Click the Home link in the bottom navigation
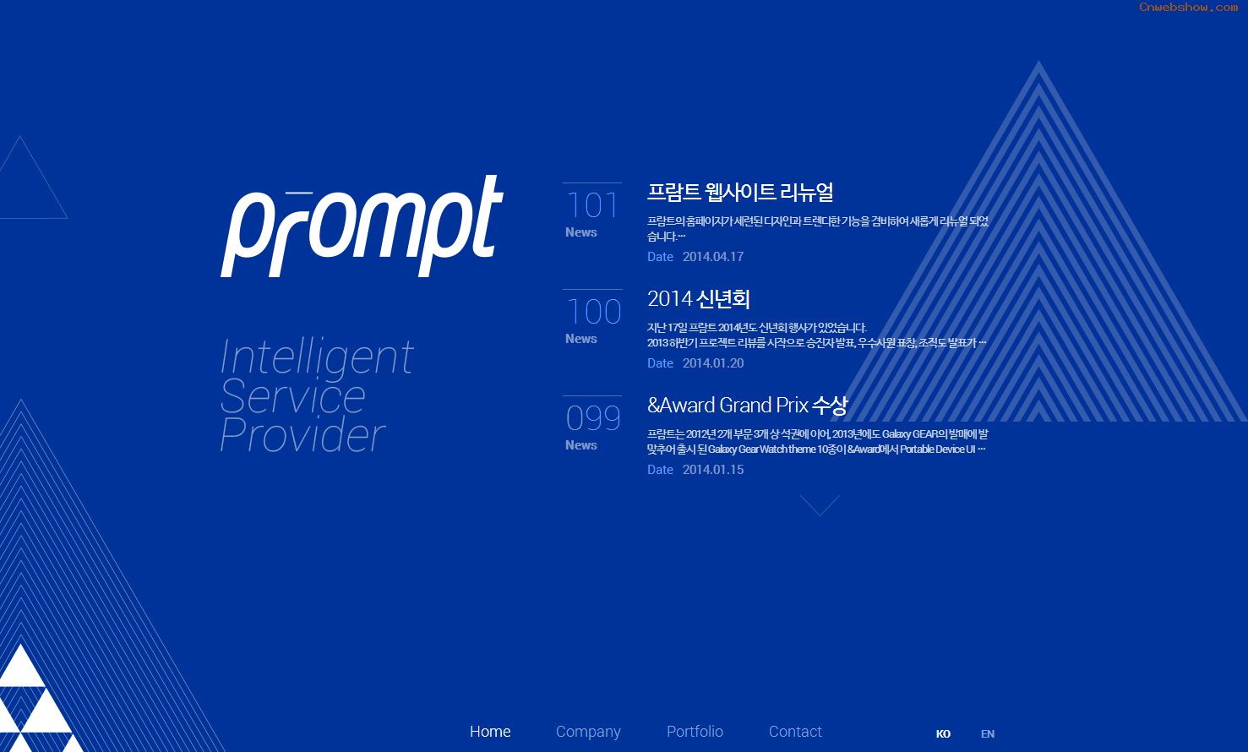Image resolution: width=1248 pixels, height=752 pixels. coord(490,732)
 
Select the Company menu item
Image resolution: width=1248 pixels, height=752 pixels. coord(588,733)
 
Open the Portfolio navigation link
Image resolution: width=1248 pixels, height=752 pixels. coord(695,732)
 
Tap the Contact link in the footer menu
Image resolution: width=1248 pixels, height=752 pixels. coord(795,732)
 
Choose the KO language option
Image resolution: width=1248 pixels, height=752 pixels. coord(943,733)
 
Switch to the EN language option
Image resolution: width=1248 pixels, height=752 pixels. coord(987,733)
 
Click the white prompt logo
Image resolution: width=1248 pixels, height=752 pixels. coord(362,226)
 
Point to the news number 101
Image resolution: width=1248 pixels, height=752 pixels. coord(592,205)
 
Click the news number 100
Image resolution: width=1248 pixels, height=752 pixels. coord(593,312)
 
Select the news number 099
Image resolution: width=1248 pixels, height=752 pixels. coord(593,418)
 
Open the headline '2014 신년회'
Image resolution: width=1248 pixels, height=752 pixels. coord(698,299)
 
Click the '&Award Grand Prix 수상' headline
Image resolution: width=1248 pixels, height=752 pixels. coord(747,406)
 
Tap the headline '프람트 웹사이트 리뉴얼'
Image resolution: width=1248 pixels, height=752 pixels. coord(740,192)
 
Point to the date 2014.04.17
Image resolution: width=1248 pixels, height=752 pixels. coord(713,257)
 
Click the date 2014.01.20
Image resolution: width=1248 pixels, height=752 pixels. coord(713,363)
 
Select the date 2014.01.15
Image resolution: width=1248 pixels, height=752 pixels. coord(713,470)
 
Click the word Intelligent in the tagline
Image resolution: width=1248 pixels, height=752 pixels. coord(317,357)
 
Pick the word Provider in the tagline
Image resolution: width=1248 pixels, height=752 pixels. coord(302,435)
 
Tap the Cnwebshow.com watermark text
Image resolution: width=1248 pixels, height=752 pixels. coord(1188,8)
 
